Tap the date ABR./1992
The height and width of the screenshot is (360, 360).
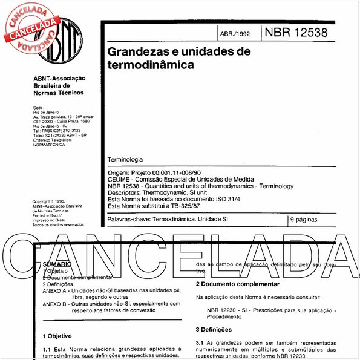pos(237,34)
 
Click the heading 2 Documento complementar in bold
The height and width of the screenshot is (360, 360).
pos(237,284)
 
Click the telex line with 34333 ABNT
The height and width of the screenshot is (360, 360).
pos(60,135)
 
